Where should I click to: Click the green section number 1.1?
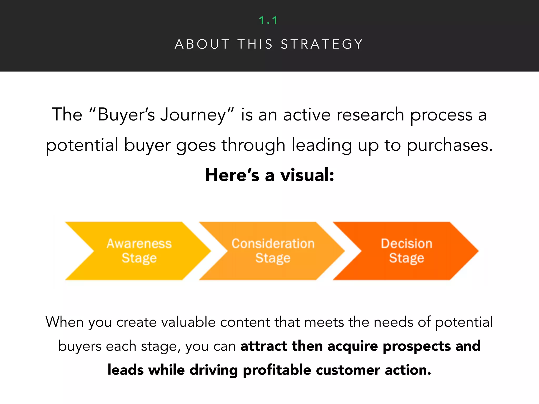pyautogui.click(x=268, y=20)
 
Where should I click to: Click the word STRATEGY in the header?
pyautogui.click(x=322, y=44)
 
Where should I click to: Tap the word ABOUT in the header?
pyautogui.click(x=202, y=44)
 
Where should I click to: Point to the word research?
pyautogui.click(x=370, y=115)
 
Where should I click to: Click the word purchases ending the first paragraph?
pyautogui.click(x=450, y=145)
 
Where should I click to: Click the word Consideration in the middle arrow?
pyautogui.click(x=273, y=244)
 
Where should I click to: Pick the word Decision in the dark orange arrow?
pyautogui.click(x=407, y=244)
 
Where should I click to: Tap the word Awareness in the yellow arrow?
pyautogui.click(x=139, y=244)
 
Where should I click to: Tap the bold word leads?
pyautogui.click(x=126, y=370)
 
